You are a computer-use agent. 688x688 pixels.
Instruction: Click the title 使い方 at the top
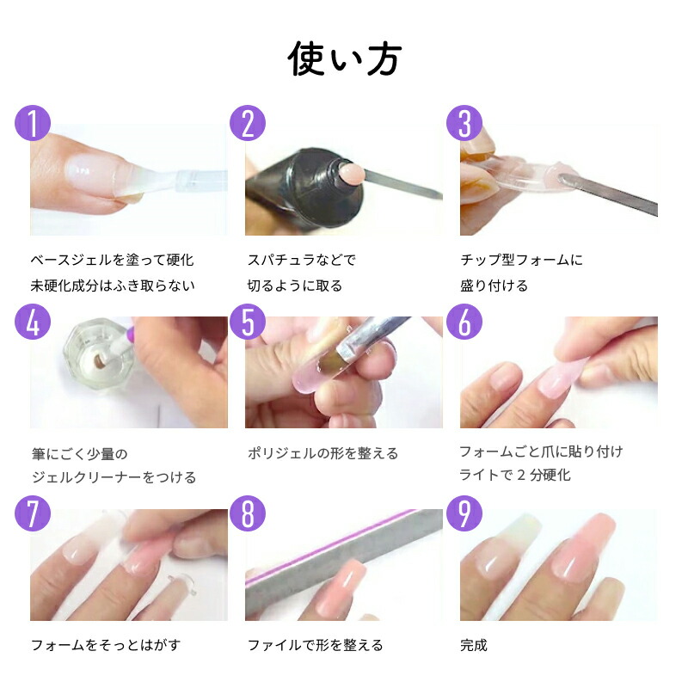(344, 58)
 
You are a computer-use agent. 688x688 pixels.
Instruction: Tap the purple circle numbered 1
(34, 123)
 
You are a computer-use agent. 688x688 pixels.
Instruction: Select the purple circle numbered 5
(248, 321)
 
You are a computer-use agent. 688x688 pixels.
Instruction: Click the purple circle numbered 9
(464, 514)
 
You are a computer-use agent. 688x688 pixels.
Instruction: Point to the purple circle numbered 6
(464, 321)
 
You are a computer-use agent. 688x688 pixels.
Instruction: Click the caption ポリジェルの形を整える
(322, 453)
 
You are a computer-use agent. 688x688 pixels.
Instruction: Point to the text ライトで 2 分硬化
(515, 475)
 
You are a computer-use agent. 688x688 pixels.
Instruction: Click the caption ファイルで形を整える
(315, 645)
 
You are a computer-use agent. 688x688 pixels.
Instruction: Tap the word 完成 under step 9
(474, 645)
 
